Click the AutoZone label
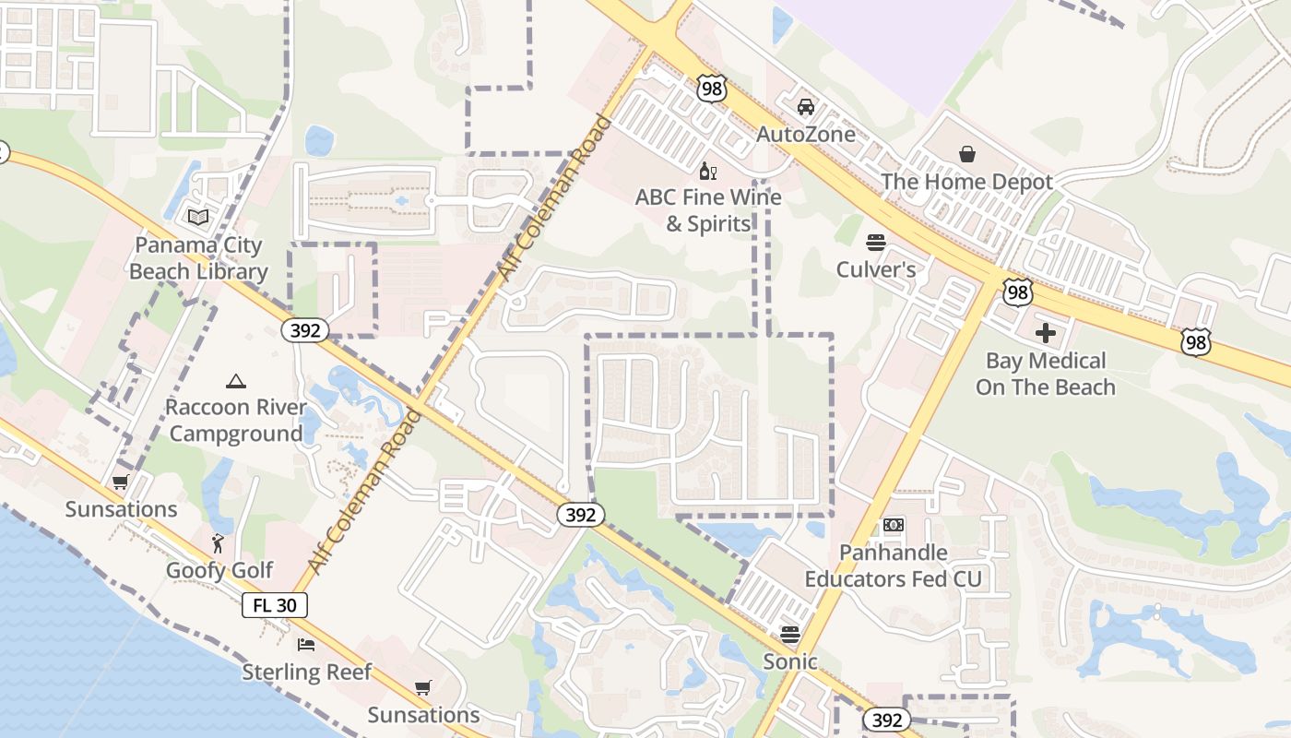pos(805,135)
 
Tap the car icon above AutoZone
pos(805,106)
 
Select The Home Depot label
pos(965,182)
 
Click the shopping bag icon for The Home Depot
pos(966,153)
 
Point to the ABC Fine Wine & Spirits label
pos(708,210)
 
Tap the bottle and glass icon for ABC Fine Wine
pos(708,171)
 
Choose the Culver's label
pos(875,269)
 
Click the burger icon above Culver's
pos(875,243)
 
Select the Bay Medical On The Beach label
pos(1045,374)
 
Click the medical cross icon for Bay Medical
pos(1045,332)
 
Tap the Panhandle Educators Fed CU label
pos(893,565)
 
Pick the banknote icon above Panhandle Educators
pos(893,525)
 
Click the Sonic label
pos(789,661)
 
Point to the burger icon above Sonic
pos(789,634)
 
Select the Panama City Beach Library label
pos(198,258)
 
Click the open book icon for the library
pos(198,218)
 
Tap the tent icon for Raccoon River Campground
pos(235,381)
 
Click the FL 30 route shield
pos(275,605)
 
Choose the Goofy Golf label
pos(219,570)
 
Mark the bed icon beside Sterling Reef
pos(306,645)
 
